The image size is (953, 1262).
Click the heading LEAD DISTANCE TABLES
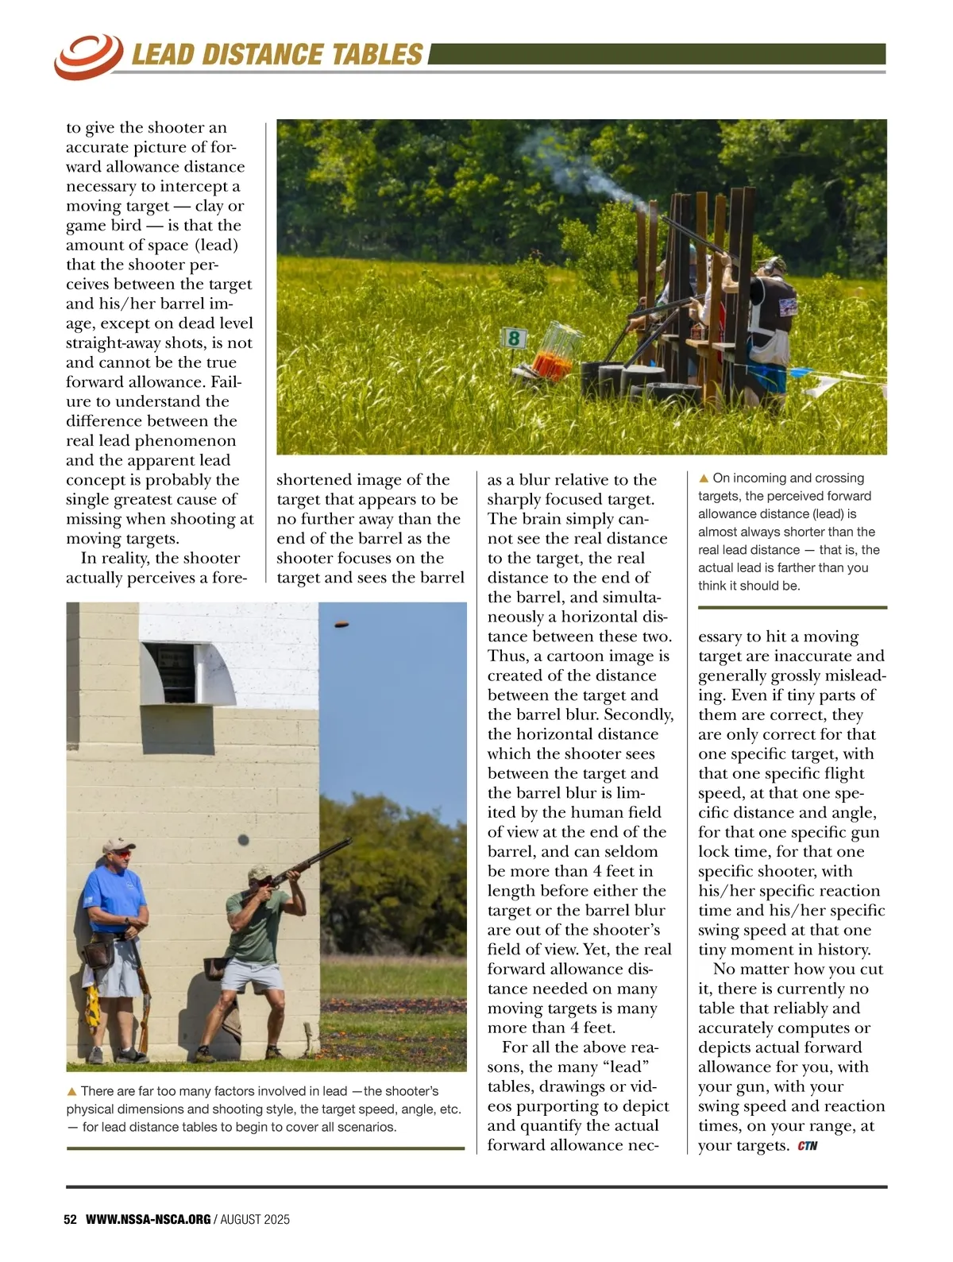(x=276, y=54)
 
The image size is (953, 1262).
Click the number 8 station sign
(x=514, y=339)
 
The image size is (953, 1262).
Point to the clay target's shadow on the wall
(x=243, y=839)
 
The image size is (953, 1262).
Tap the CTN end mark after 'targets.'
(x=808, y=1146)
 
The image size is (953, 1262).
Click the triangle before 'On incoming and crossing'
(x=704, y=478)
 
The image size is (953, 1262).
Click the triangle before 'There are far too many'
(x=72, y=1091)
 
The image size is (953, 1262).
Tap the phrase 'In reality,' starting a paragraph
(x=120, y=559)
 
